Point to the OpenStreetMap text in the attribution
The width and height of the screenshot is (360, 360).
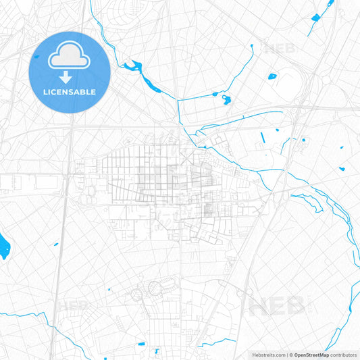click(312, 354)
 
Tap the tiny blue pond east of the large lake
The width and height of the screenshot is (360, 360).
click(56, 245)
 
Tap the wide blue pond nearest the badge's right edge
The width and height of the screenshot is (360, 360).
click(132, 66)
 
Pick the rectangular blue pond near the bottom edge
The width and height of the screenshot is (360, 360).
click(157, 351)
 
